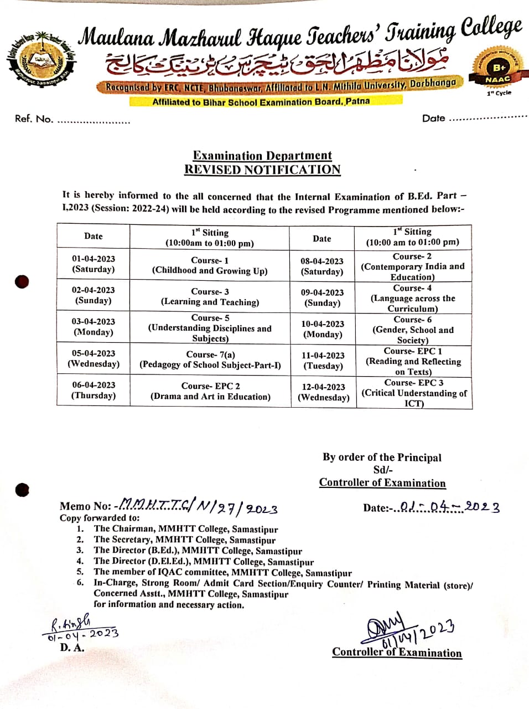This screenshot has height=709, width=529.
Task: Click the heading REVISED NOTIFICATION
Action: tap(262, 169)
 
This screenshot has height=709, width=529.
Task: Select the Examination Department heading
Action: tap(262, 156)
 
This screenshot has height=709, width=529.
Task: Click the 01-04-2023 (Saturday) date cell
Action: tap(93, 264)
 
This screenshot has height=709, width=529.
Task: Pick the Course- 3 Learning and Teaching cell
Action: tap(210, 296)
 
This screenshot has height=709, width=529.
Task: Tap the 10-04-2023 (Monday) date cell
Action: tap(323, 329)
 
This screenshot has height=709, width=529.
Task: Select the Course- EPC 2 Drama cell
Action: tap(210, 391)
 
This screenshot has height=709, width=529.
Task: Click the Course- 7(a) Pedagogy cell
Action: tap(210, 359)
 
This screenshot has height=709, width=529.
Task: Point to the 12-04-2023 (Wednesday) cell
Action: tap(323, 392)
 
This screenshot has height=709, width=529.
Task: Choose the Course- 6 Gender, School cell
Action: tap(413, 330)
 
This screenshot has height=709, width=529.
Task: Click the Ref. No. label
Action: tap(34, 119)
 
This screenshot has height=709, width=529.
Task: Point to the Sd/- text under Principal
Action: tap(383, 470)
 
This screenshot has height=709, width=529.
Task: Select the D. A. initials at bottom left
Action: tap(72, 647)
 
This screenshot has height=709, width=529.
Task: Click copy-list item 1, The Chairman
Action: tap(185, 529)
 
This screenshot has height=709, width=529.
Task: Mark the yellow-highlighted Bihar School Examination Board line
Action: tap(261, 102)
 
